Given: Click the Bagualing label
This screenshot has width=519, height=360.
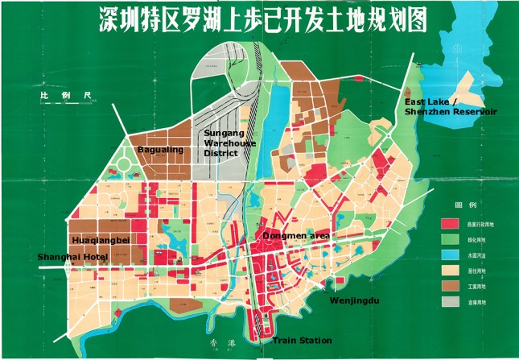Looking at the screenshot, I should tap(160, 149).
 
